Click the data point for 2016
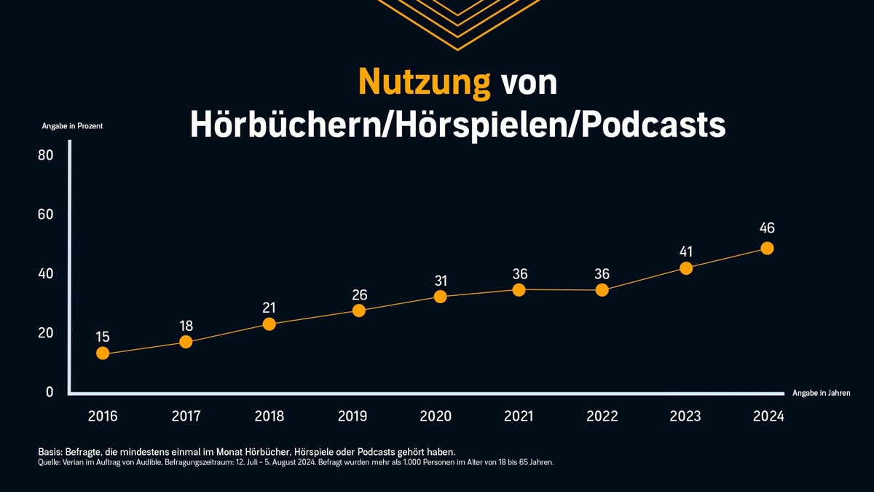103,354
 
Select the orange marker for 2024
767,248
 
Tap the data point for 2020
440,297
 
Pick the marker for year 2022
602,290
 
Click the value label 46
767,228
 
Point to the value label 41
685,252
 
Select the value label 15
103,337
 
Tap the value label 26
359,295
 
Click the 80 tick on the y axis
45,155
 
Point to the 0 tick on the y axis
50,392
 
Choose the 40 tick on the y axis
45,274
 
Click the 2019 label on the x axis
353,416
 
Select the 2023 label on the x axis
685,416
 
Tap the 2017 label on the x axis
186,416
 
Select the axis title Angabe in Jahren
821,393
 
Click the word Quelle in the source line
48,462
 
